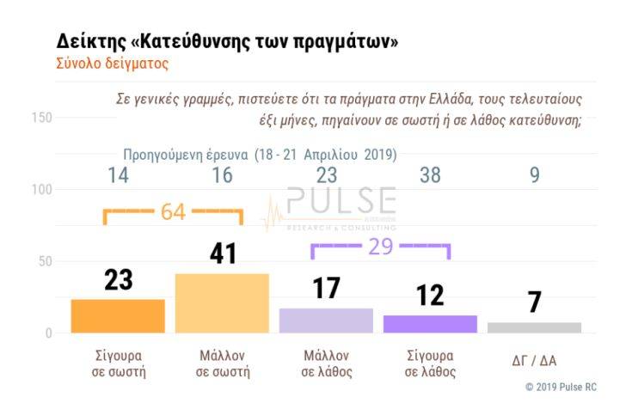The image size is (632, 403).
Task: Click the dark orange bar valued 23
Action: (118, 315)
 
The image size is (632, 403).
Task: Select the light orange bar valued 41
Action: (222, 302)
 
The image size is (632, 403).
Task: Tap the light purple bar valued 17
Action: (326, 320)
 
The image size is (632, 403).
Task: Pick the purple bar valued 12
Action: (430, 323)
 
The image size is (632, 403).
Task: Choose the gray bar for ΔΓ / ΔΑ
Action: (534, 327)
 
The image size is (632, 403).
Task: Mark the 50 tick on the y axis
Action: (44, 261)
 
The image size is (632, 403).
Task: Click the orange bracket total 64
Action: (173, 212)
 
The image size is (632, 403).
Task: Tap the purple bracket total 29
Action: (380, 247)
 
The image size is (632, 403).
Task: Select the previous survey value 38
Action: (430, 175)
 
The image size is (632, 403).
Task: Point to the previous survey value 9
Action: (535, 175)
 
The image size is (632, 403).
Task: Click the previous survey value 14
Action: (119, 175)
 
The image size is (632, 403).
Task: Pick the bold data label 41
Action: (223, 253)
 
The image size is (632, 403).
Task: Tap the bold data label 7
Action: (534, 302)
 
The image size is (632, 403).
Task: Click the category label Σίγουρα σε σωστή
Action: (119, 363)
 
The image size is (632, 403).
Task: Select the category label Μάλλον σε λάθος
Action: (326, 363)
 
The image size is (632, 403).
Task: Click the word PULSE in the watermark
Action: (341, 202)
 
